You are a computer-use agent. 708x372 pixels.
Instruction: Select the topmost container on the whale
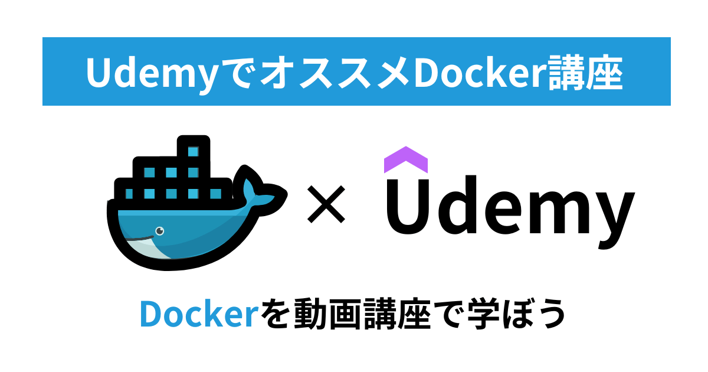(x=193, y=151)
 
